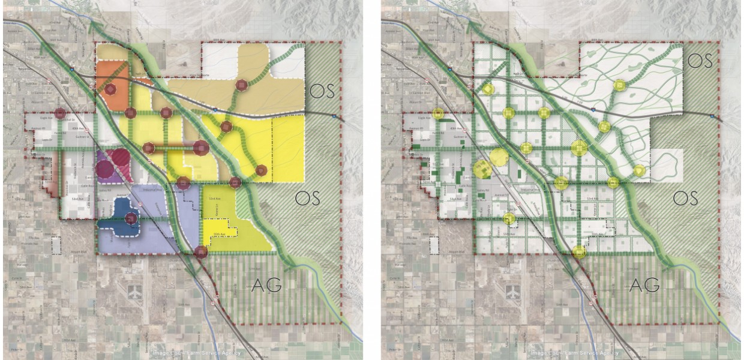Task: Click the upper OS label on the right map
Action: [700, 61]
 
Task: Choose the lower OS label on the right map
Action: [685, 197]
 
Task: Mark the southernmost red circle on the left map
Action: [201, 252]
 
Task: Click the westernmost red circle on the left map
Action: [59, 113]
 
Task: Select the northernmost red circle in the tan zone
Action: [242, 86]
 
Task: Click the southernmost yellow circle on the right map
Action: [579, 252]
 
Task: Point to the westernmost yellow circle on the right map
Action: [437, 113]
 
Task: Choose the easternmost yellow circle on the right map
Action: [640, 170]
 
